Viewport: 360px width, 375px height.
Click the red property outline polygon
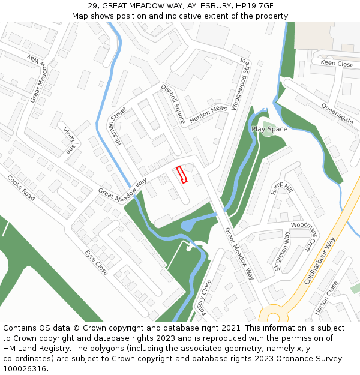pos(182,174)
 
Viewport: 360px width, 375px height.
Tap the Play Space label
pos(269,129)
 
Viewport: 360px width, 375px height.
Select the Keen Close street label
pos(337,63)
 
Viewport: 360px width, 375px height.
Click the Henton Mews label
pos(208,114)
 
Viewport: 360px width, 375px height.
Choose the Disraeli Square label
pos(173,104)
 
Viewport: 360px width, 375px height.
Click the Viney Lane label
pos(71,139)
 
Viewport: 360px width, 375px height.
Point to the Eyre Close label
pos(96,262)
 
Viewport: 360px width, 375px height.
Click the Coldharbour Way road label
pos(320,260)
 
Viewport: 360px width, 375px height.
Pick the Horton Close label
pos(326,298)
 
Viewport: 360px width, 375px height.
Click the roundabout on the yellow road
pos(272,314)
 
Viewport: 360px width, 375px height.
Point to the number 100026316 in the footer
pos(25,369)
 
